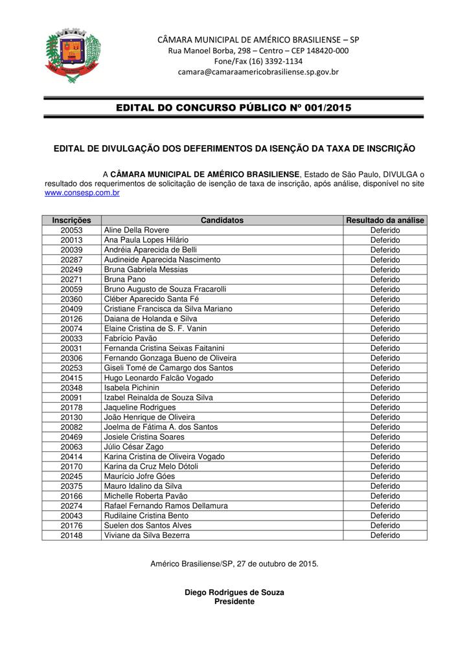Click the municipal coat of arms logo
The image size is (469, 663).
tap(73, 52)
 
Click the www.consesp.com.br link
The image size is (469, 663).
tap(82, 193)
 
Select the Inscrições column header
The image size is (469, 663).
tap(72, 220)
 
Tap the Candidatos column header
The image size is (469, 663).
tap(222, 220)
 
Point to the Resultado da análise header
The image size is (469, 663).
tap(385, 220)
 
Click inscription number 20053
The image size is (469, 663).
tap(72, 230)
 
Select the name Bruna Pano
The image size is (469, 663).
tap(120, 279)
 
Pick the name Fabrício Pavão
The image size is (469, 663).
tap(130, 339)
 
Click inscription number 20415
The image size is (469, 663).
tap(72, 378)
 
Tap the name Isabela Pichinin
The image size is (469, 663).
tap(132, 388)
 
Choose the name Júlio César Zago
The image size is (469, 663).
tap(134, 447)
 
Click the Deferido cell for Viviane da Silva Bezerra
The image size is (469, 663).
tap(385, 535)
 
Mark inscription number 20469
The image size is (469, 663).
tap(72, 437)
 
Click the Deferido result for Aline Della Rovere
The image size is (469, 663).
tap(385, 230)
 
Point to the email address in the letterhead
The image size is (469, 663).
tap(258, 72)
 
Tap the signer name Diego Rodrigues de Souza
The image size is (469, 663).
tap(234, 592)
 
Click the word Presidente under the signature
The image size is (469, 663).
tap(234, 601)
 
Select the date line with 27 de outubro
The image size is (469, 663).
tap(234, 564)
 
